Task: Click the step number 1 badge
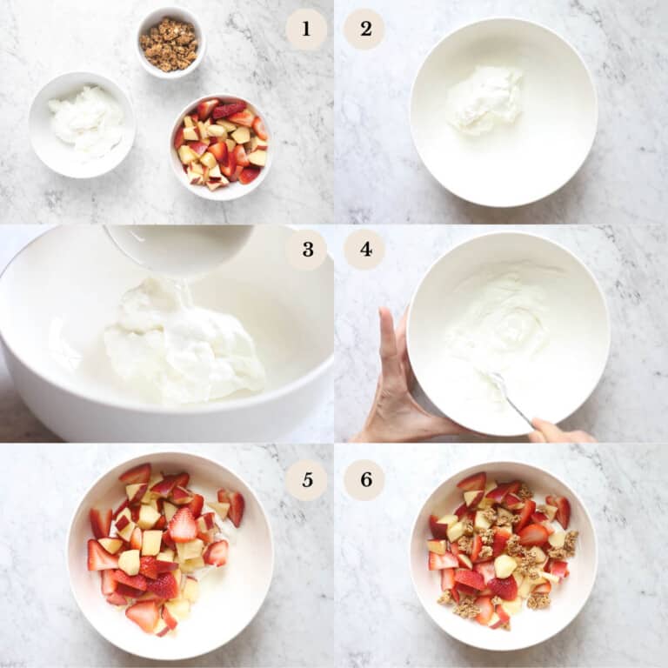[x=306, y=29]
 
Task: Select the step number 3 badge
[x=306, y=250]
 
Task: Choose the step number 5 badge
[x=306, y=479]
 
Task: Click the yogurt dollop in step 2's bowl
[x=484, y=98]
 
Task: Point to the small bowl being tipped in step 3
[x=179, y=249]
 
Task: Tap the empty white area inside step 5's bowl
[x=230, y=591]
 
